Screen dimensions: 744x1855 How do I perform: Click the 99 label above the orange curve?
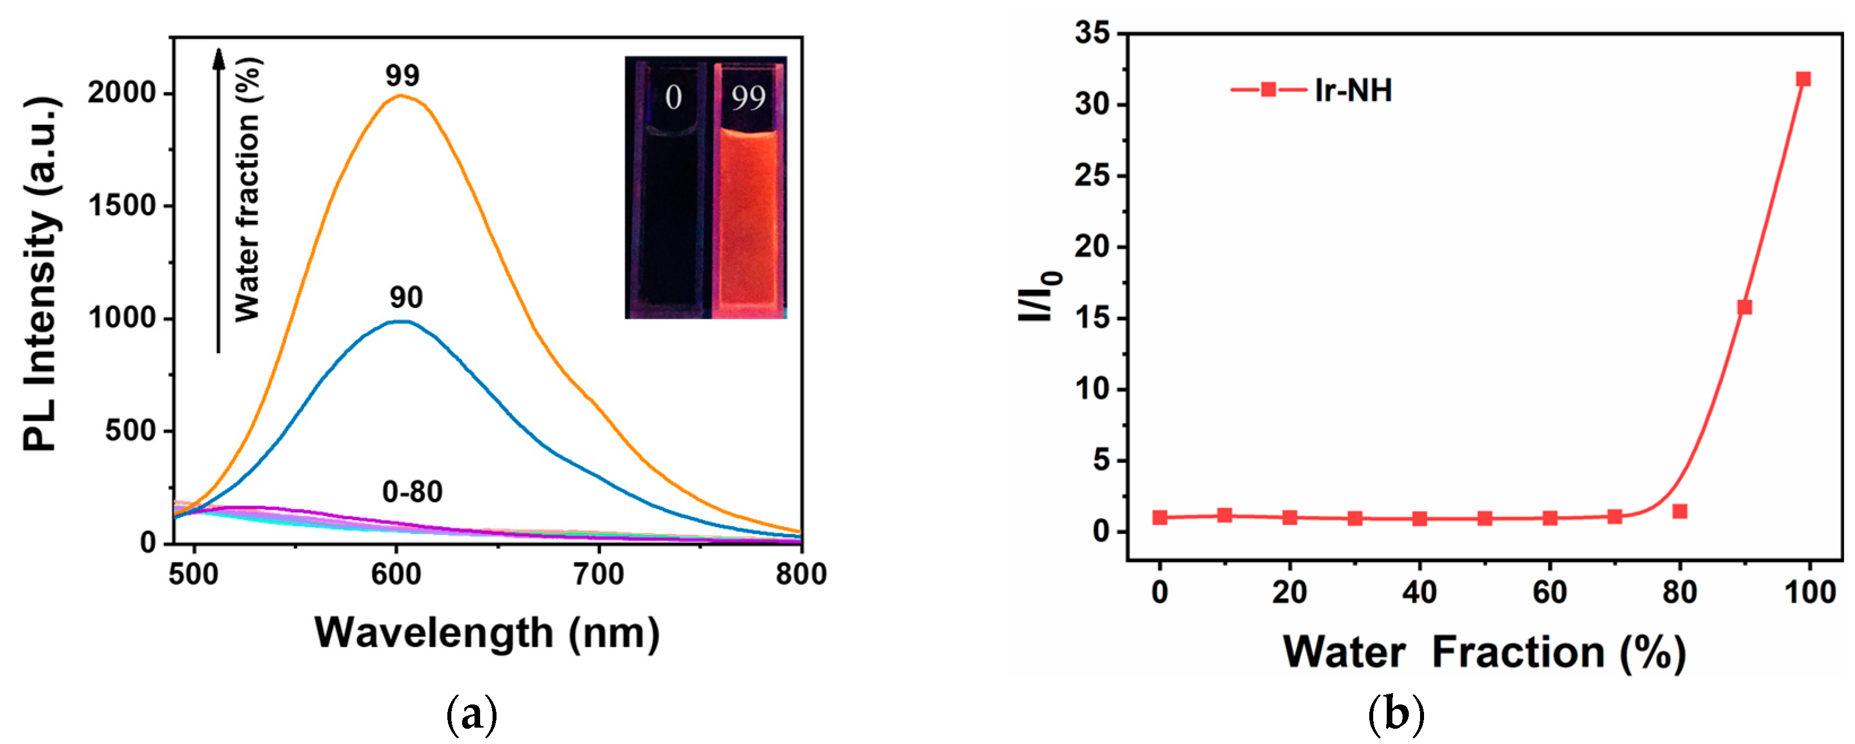(402, 76)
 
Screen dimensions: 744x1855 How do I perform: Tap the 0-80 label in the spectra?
(412, 492)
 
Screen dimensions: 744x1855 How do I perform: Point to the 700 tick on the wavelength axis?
(598, 575)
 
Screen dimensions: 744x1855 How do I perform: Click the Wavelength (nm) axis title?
(487, 633)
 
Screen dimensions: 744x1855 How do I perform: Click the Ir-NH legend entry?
(1310, 90)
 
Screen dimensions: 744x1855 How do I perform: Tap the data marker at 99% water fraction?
(1803, 79)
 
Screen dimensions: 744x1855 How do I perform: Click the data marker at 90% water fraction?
(1744, 307)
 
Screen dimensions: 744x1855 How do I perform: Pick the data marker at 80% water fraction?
(1679, 511)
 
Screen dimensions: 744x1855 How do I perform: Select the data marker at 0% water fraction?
(1159, 517)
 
